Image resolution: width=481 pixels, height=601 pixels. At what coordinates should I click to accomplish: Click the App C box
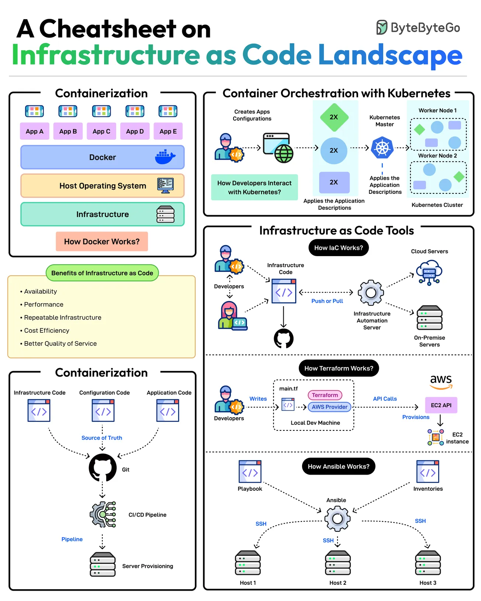(101, 131)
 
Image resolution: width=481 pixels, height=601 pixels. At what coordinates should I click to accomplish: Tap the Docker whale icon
(165, 157)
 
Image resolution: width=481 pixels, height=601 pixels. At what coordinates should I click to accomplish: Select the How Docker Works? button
(102, 241)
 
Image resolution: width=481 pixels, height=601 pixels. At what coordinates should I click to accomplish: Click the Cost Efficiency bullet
(46, 331)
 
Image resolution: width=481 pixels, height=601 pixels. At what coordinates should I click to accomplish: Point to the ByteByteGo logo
(418, 28)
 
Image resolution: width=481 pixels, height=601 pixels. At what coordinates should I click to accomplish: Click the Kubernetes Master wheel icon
(382, 148)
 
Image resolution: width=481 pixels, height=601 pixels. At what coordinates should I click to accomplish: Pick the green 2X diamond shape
(334, 117)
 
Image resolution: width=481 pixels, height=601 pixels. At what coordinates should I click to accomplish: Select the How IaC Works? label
(338, 248)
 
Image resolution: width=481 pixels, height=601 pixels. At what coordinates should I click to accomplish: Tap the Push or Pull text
(327, 301)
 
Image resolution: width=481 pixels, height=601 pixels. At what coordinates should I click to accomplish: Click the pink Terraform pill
(325, 395)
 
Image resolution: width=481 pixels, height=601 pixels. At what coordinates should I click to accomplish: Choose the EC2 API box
(441, 405)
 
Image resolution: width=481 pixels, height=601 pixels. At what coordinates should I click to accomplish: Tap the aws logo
(441, 381)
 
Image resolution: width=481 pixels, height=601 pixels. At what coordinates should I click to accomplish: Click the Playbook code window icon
(250, 471)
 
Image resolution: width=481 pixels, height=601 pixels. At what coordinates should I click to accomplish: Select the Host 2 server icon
(338, 563)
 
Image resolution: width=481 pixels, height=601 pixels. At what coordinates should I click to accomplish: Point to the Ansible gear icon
(337, 518)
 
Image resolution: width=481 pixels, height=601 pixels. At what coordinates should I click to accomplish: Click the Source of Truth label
(102, 438)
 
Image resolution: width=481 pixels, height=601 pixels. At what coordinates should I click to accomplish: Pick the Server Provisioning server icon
(103, 564)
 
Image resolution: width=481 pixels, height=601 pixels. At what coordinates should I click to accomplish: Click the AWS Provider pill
(329, 407)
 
